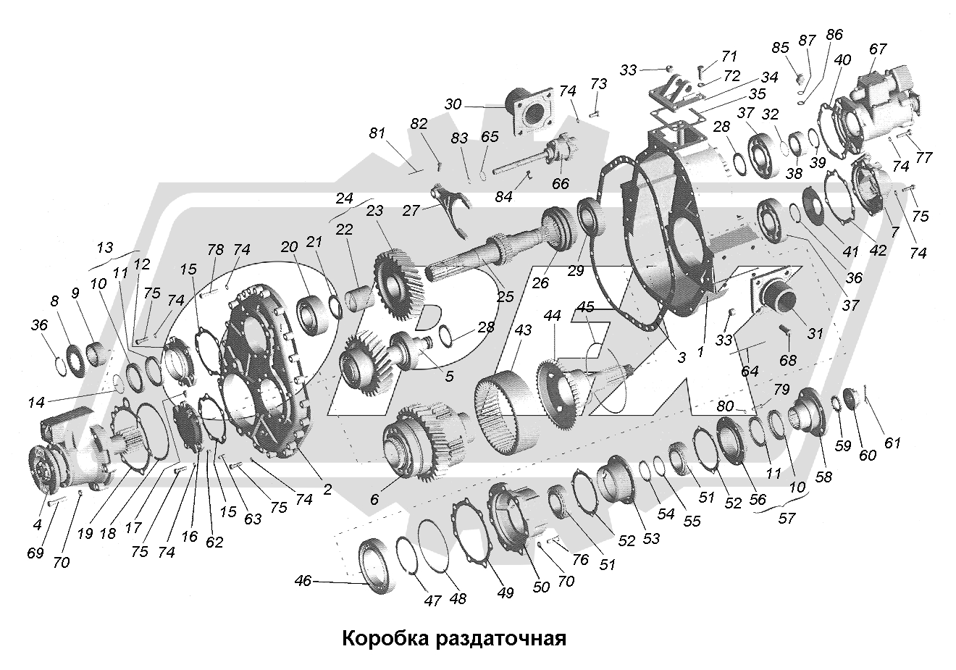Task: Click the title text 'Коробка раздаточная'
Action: click(x=453, y=640)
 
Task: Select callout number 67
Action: click(x=878, y=49)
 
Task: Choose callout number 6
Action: click(x=374, y=501)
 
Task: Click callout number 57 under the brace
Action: click(x=785, y=519)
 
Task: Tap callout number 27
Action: click(x=411, y=211)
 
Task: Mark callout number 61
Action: click(x=892, y=442)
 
